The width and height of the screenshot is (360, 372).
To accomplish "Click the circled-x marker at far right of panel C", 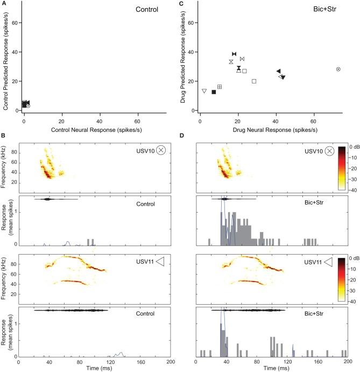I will click(338, 69).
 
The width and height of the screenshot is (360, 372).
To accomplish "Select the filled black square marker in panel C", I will click(214, 92).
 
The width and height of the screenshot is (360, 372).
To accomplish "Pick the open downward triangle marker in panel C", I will click(204, 91).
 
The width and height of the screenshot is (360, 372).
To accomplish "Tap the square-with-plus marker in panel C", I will click(220, 87).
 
